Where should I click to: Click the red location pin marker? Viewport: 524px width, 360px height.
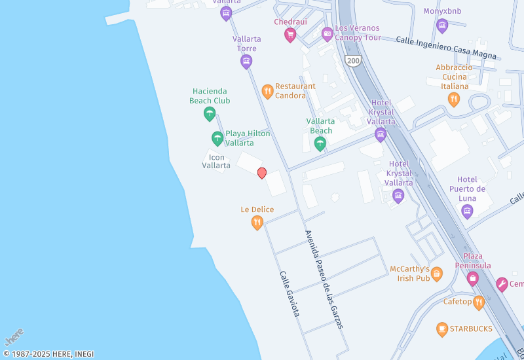tap(262, 173)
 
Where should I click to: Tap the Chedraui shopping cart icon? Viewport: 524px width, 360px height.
tap(290, 35)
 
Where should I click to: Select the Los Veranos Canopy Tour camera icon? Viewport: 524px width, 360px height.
tap(327, 33)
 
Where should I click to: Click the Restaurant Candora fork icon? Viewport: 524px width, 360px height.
tap(267, 91)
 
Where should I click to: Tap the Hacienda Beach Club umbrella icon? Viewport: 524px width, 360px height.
tap(210, 115)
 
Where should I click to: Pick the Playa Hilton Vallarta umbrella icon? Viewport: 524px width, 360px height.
tap(217, 138)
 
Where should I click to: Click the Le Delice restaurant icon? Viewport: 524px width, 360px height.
tap(257, 223)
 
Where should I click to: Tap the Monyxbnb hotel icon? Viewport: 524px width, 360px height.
tap(442, 26)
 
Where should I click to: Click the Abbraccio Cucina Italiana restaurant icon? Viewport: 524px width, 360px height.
tap(454, 99)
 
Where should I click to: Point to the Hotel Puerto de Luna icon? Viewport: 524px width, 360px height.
tap(467, 211)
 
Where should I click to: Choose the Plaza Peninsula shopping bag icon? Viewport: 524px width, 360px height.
tap(472, 278)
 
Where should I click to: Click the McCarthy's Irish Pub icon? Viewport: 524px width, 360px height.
tap(437, 274)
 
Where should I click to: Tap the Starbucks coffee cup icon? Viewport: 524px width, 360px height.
tap(442, 328)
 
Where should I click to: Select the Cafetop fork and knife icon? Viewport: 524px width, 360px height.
tap(479, 302)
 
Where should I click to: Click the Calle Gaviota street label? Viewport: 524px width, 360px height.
tap(289, 294)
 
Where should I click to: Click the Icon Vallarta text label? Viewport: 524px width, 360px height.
tap(216, 161)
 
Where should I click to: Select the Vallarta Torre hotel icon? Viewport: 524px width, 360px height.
tap(246, 62)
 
